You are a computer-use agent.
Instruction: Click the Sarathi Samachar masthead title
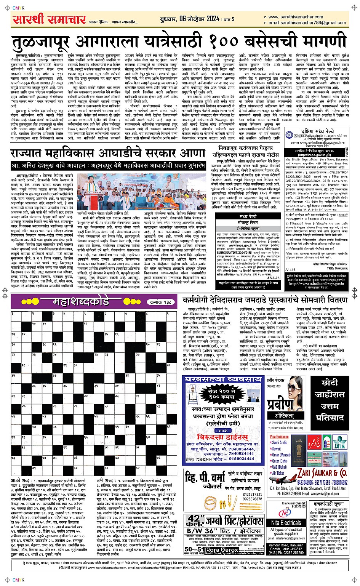pyautogui.click(x=49, y=20)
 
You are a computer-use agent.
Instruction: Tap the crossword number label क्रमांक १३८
pyautogui.click(x=160, y=302)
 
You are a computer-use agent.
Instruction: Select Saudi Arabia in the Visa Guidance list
pyautogui.click(x=280, y=443)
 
